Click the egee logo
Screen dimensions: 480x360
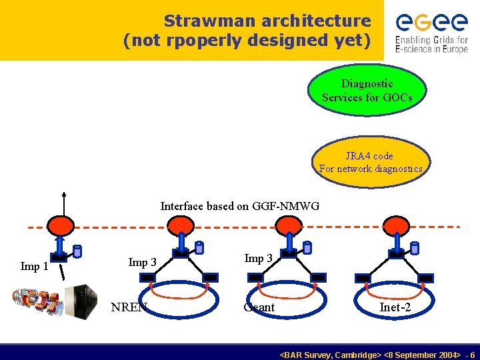(431, 33)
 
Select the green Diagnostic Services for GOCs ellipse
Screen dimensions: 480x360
(367, 91)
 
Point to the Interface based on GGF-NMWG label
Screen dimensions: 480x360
(239, 207)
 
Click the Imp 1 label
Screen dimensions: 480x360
(35, 267)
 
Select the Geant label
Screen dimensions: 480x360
(259, 307)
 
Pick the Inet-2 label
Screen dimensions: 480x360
(395, 307)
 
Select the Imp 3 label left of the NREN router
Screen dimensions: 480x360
(142, 263)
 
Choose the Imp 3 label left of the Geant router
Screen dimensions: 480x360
(258, 259)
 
